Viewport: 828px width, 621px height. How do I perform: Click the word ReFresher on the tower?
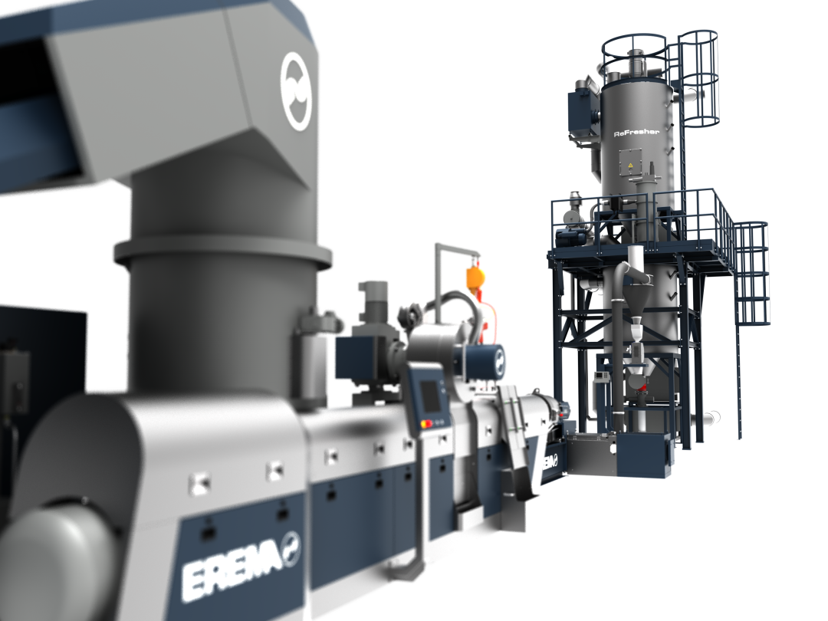637,133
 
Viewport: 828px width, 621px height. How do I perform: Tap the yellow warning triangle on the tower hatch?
630,166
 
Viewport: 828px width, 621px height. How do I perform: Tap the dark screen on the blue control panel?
430,396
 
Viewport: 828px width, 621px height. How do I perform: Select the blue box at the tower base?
644,455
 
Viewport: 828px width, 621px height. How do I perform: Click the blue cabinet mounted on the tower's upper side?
583,113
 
